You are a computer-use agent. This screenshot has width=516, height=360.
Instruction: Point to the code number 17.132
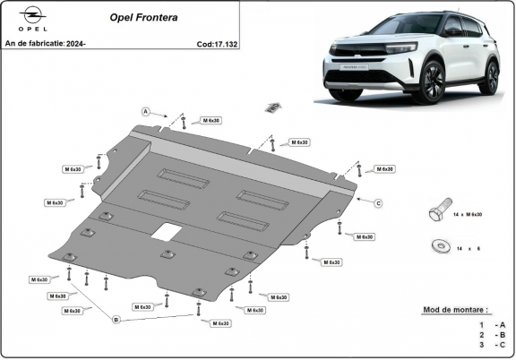click(223, 43)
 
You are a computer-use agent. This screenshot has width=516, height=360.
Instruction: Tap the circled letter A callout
click(145, 111)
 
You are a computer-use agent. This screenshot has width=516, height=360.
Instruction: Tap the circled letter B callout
click(116, 319)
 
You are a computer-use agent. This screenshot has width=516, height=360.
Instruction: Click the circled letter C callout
click(379, 203)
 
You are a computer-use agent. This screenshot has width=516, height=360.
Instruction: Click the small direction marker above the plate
click(267, 107)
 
